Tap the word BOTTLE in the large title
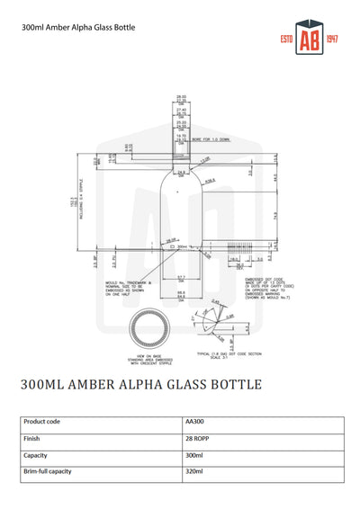tap(232, 384)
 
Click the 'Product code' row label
tap(43, 420)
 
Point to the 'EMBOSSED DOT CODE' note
tap(266, 281)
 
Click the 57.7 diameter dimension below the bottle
tap(180, 277)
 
